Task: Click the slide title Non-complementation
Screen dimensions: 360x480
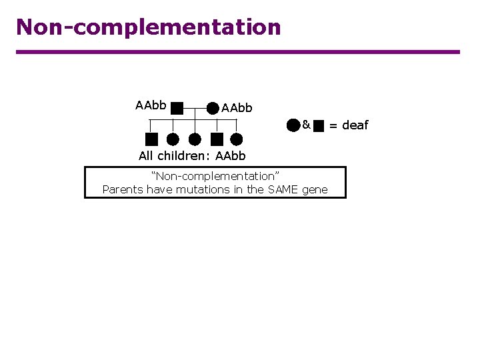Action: pos(149,27)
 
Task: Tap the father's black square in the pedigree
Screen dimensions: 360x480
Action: pos(177,108)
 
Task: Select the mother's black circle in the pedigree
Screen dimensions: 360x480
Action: pos(212,108)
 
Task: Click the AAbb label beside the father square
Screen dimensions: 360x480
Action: pos(151,105)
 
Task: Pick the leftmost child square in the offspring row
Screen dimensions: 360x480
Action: pos(151,139)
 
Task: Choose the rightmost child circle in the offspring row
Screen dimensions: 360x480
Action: pos(237,139)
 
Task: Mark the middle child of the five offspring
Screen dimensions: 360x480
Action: pos(195,139)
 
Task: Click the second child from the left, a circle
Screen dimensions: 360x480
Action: pos(173,139)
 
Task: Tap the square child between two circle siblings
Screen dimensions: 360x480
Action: pos(216,139)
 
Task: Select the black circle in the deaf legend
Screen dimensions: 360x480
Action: pos(293,125)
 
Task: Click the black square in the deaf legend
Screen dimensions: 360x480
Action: pos(319,125)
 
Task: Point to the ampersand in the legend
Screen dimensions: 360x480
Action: pos(305,125)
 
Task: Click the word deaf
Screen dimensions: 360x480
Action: pos(355,125)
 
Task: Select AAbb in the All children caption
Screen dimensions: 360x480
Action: pos(231,156)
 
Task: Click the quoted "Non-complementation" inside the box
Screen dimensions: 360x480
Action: pos(215,176)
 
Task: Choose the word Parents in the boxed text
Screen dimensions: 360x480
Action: pos(122,189)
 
